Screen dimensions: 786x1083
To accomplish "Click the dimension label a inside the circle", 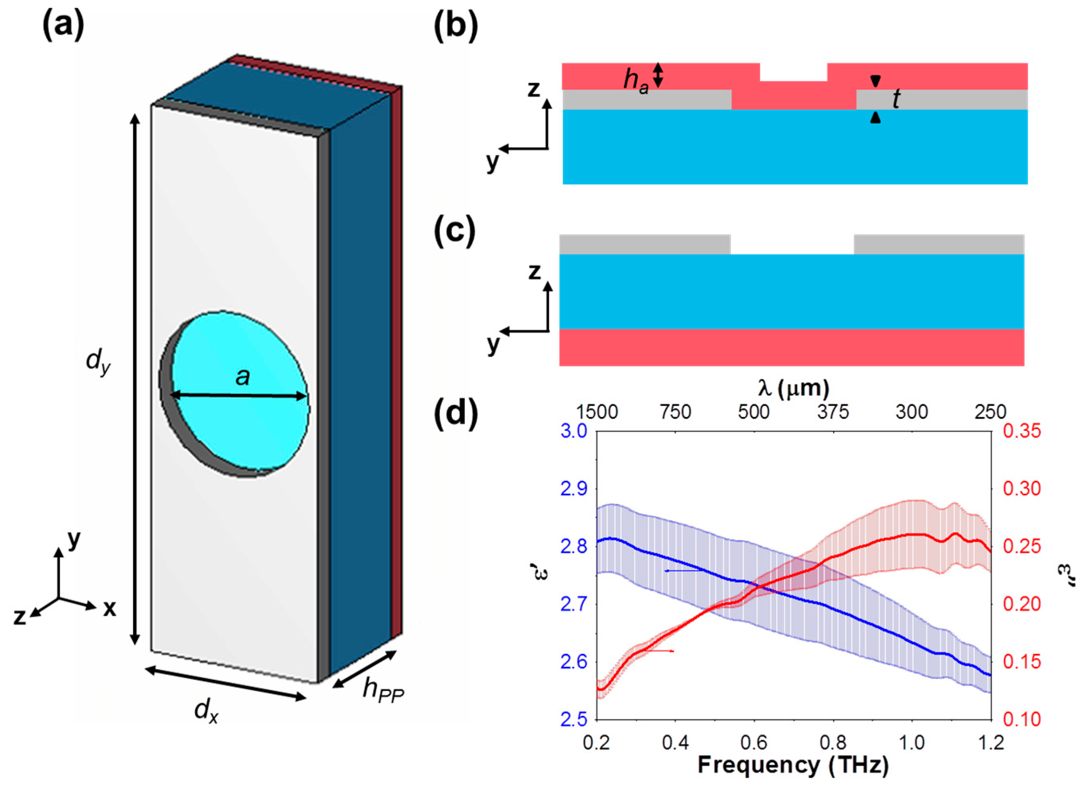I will pyautogui.click(x=243, y=377).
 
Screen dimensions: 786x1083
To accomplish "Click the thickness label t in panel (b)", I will pyautogui.click(x=896, y=99).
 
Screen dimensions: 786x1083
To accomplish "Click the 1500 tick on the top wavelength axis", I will pyautogui.click(x=597, y=412).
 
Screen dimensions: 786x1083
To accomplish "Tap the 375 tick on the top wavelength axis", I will pyautogui.click(x=833, y=412).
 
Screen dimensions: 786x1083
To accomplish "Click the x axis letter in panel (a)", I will pyautogui.click(x=110, y=608).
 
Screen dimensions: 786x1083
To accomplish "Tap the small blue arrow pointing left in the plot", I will pyautogui.click(x=683, y=570).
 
